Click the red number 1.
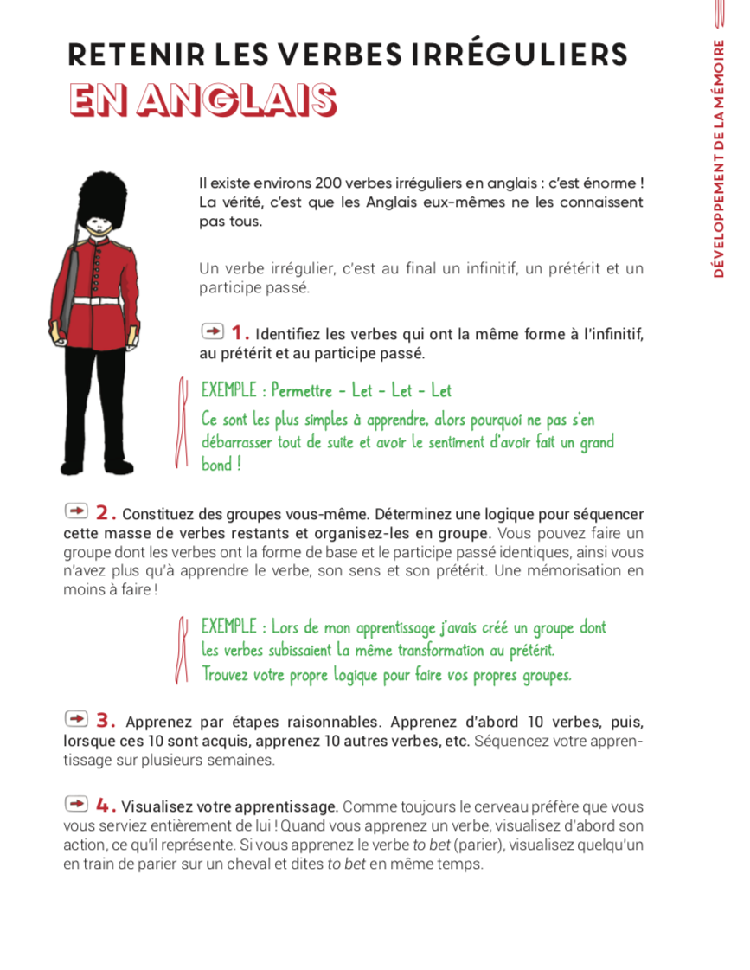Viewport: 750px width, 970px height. point(240,332)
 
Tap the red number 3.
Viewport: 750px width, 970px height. point(106,720)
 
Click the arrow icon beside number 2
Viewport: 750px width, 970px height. point(77,511)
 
